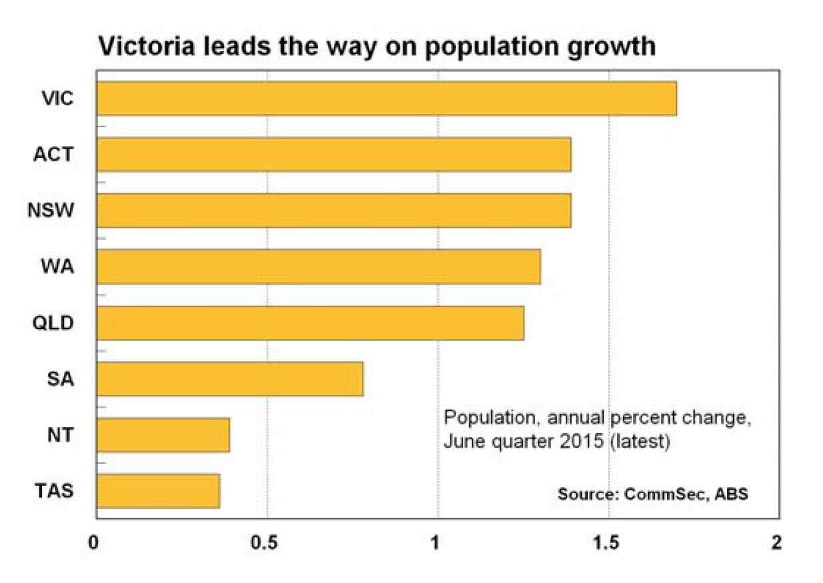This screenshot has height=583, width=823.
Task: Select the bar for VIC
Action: click(x=387, y=99)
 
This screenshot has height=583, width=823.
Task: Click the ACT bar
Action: click(x=333, y=155)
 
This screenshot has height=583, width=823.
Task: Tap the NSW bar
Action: click(x=333, y=211)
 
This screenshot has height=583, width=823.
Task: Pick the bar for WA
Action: click(x=319, y=267)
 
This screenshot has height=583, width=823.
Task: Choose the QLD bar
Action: click(x=310, y=323)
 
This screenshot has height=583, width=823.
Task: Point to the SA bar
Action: click(x=230, y=379)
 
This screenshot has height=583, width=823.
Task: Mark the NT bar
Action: click(x=163, y=435)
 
